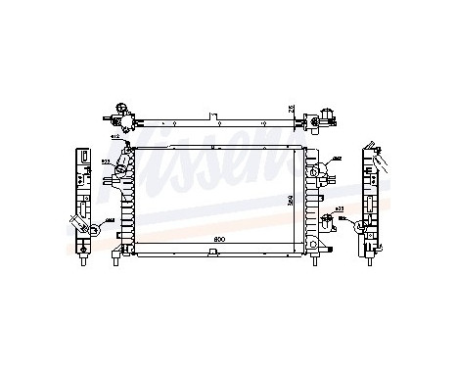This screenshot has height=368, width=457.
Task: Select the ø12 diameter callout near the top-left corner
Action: (115, 138)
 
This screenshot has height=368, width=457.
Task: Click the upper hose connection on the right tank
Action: (317, 170)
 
